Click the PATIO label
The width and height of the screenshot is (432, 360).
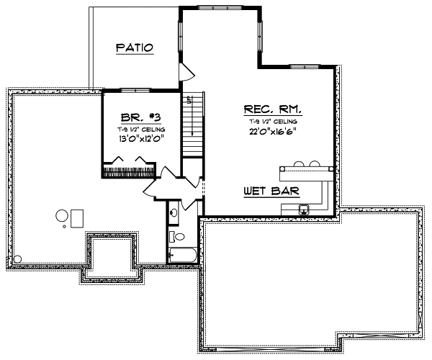135,48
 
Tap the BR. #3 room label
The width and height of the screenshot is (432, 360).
140,116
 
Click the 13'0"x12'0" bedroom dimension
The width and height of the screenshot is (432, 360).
140,140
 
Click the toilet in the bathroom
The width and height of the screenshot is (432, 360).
179,236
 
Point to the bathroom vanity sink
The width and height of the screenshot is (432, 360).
174,213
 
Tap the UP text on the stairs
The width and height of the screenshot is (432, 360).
189,101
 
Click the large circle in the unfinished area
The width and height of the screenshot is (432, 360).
62,214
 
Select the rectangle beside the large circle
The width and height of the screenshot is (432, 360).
76,215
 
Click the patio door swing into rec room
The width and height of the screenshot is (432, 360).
186,71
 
